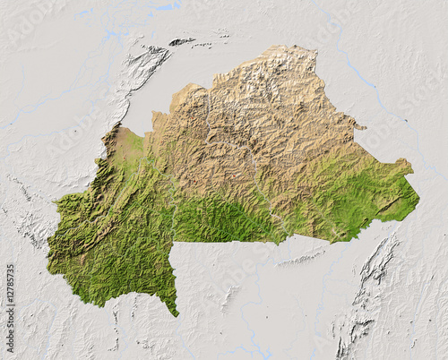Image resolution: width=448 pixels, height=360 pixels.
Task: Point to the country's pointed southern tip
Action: [x=177, y=314]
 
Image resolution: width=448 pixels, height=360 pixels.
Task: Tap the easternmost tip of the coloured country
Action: [x=418, y=200]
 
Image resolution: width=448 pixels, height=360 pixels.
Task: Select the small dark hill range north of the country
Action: [x=181, y=41]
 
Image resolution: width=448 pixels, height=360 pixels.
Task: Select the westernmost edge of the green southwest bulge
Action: [x=49, y=260]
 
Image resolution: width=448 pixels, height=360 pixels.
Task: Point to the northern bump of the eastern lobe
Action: [x=403, y=162]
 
